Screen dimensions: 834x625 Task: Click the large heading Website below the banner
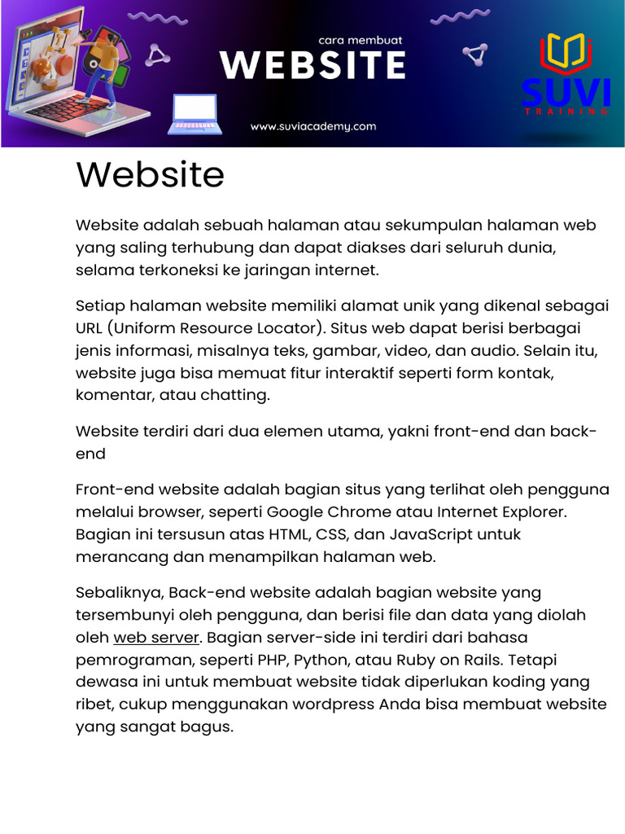pyautogui.click(x=150, y=175)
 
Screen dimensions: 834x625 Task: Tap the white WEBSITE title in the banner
pyautogui.click(x=312, y=65)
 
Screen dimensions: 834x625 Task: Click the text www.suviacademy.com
pyautogui.click(x=313, y=126)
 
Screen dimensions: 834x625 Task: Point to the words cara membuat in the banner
pyautogui.click(x=361, y=39)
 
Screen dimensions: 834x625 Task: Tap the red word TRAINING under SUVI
pyautogui.click(x=566, y=112)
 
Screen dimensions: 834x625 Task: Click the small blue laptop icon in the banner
pyautogui.click(x=194, y=114)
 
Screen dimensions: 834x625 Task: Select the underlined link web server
pyautogui.click(x=156, y=637)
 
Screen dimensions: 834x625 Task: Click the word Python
pyautogui.click(x=322, y=659)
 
